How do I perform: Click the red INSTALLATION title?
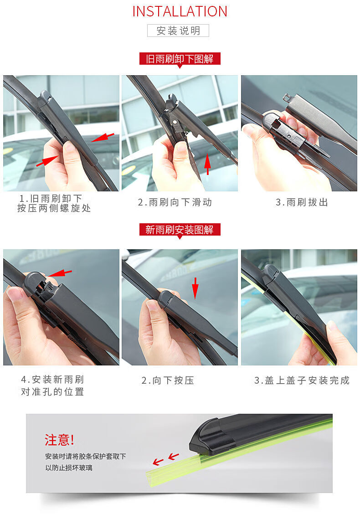[180, 11]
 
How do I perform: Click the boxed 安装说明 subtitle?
[178, 31]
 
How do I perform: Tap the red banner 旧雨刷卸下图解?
[180, 59]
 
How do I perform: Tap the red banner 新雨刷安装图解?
[180, 230]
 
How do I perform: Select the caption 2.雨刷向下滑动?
[175, 202]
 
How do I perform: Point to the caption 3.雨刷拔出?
[302, 202]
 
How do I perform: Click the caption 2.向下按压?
[168, 380]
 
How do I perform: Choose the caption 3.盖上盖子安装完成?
[302, 380]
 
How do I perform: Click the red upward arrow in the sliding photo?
[208, 164]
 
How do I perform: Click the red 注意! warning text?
[59, 440]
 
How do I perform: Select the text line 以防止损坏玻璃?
[68, 468]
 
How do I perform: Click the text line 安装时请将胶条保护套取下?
[85, 456]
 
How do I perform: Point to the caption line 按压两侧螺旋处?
[54, 208]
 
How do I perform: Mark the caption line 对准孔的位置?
[52, 392]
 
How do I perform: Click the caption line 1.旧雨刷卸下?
[51, 198]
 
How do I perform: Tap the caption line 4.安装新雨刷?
[52, 380]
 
